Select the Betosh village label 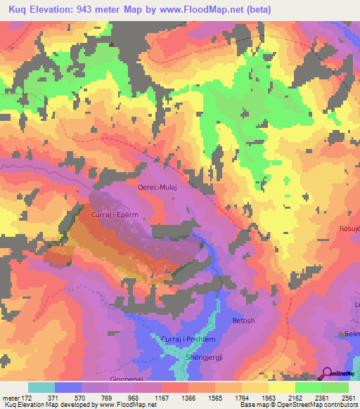tap(244, 320)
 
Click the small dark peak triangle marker tap(111, 43)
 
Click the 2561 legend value tap(348, 397)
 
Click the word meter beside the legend tap(11, 397)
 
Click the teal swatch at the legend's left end tap(41, 387)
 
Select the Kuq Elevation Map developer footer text tap(78, 405)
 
